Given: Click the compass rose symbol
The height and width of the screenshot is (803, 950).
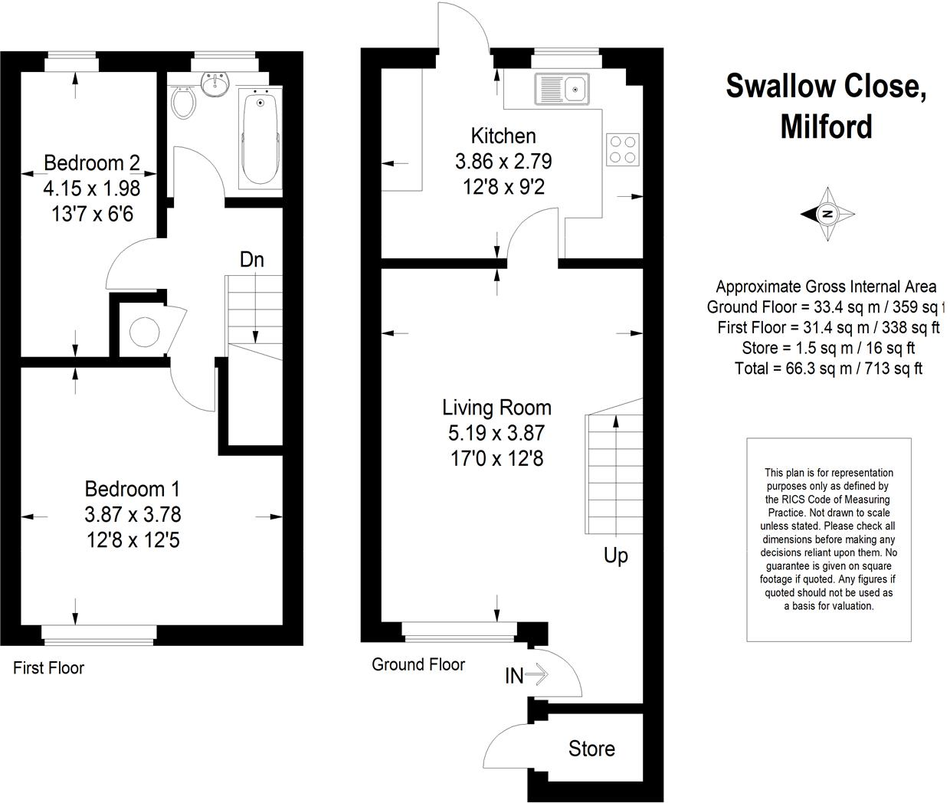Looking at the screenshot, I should pos(827,215).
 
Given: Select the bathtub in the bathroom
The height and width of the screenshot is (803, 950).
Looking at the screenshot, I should pos(261,136).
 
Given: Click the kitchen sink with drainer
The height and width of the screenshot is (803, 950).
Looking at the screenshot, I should pos(563,90).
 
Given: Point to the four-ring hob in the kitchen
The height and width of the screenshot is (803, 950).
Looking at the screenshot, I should pos(623,149).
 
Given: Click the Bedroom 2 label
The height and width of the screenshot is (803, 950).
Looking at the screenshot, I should pos(92,162).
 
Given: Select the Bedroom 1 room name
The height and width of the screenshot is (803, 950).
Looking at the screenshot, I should pos(133,489).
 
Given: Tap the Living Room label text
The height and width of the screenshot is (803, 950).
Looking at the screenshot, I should pos(496,408).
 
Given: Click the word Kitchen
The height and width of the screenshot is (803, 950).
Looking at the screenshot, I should pos(503,136).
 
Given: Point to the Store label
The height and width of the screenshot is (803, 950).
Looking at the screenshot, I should pos(591,749).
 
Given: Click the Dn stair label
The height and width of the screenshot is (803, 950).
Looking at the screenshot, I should pos(251,260).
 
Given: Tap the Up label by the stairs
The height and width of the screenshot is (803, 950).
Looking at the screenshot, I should pos(615,556).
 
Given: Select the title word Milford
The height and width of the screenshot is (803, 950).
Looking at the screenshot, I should pos(826,126).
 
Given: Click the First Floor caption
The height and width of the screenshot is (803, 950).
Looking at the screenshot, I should pos(48,668).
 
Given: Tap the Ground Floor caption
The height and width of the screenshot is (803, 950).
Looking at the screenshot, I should pos(418,664).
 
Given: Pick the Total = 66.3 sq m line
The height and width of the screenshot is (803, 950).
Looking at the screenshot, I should pos(827,369).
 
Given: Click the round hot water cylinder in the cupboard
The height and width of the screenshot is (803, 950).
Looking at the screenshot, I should pos(143,332).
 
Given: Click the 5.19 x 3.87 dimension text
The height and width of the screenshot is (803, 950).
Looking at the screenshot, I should pos(496,434).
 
